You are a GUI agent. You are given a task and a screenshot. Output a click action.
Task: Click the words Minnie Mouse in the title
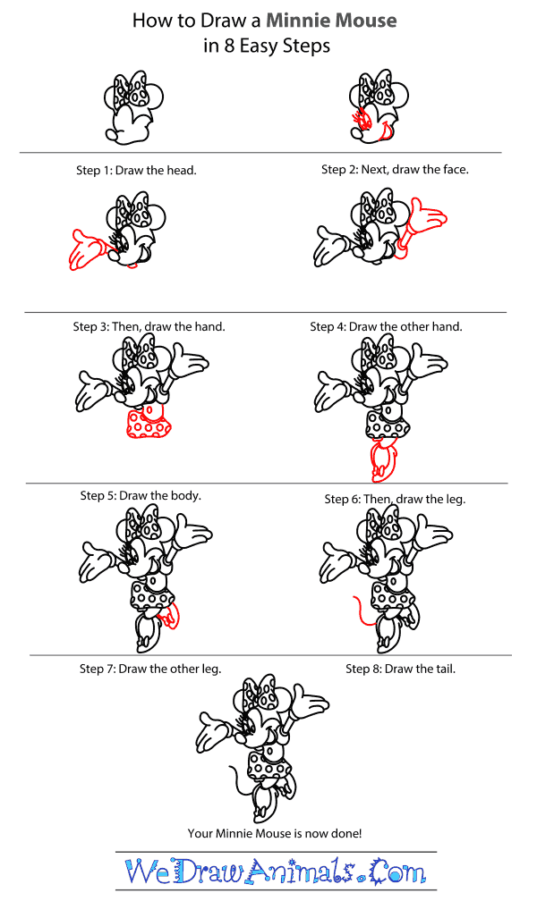click(336, 20)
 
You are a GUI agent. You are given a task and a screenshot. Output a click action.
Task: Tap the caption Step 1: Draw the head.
click(136, 170)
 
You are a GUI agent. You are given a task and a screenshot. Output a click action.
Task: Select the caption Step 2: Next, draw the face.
click(395, 169)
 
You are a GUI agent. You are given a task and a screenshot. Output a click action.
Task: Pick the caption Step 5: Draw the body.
click(141, 495)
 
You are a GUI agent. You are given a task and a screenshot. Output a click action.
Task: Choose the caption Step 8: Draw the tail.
click(400, 668)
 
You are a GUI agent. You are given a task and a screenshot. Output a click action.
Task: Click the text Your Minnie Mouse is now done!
click(275, 833)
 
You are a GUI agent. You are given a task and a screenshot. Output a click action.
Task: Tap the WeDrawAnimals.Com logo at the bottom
click(276, 870)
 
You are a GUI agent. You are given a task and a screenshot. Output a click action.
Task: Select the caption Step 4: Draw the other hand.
click(386, 326)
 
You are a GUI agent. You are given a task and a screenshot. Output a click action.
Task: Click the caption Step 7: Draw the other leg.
click(149, 668)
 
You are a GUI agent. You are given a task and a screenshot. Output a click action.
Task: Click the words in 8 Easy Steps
click(267, 46)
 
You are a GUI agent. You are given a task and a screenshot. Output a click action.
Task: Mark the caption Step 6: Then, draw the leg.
click(395, 499)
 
